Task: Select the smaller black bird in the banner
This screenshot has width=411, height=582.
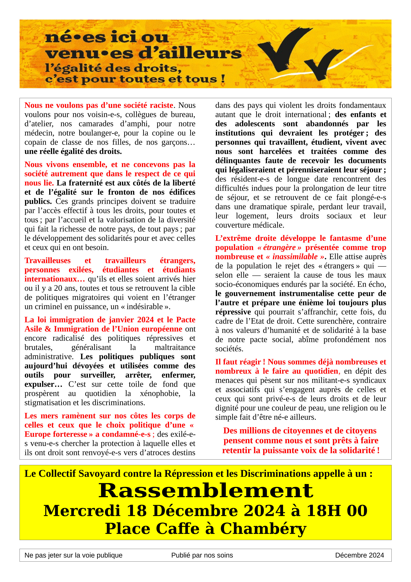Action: [323, 63]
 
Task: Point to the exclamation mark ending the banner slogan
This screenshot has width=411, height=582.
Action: [223, 78]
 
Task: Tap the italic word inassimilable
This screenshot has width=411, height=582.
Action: [295, 257]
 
